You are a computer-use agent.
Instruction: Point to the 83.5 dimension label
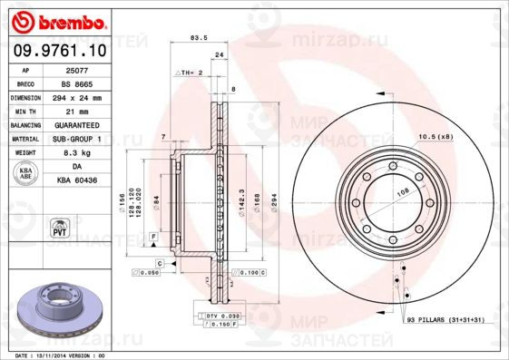pyautogui.click(x=195, y=38)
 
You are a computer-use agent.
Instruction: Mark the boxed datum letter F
pyautogui.click(x=154, y=237)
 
